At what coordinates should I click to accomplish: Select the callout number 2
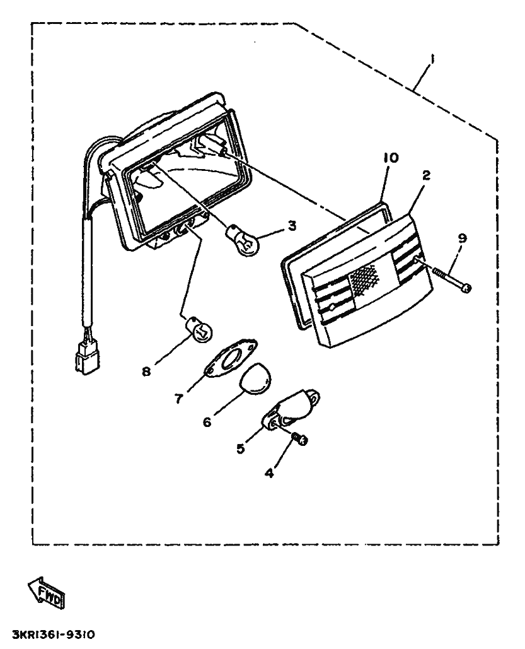[426, 175]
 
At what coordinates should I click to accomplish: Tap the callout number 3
[292, 226]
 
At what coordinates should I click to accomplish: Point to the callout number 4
[269, 472]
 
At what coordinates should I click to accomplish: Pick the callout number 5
[241, 448]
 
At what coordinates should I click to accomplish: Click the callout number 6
[207, 422]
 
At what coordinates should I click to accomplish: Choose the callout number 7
[178, 399]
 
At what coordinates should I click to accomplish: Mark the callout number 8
[146, 371]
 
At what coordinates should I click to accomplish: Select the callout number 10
[391, 158]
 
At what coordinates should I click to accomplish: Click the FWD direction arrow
[47, 593]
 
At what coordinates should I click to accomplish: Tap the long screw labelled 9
[452, 281]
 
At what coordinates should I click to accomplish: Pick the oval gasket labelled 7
[232, 359]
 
